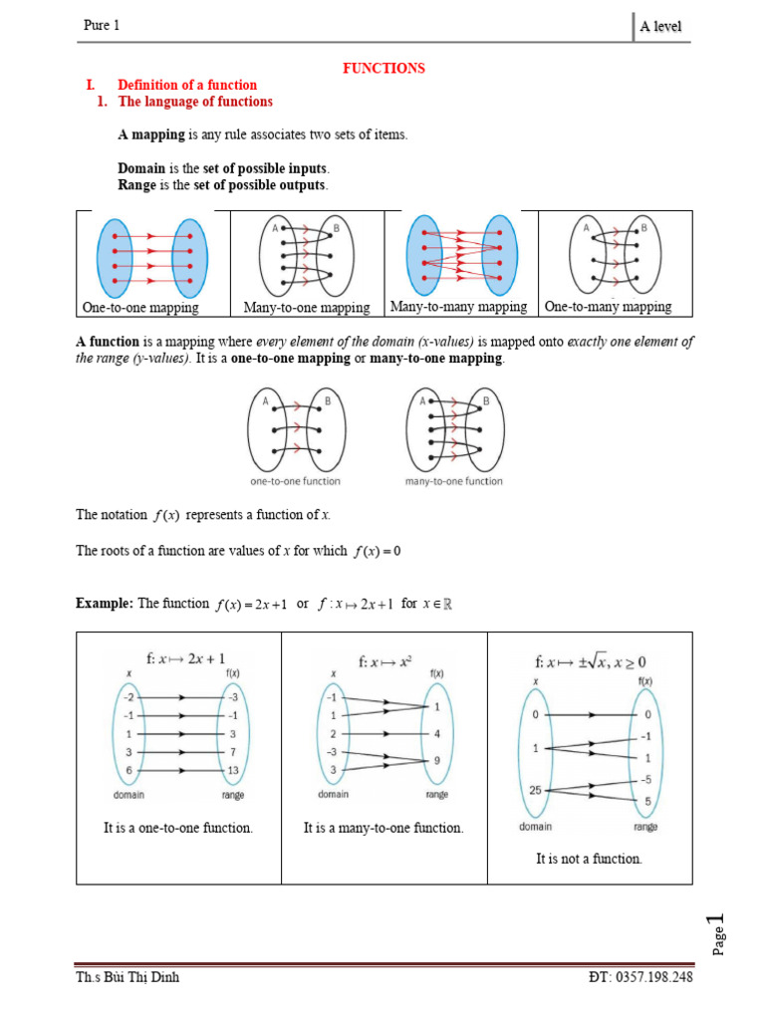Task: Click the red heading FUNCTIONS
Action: pyautogui.click(x=383, y=68)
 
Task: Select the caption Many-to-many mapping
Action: pyautogui.click(x=458, y=307)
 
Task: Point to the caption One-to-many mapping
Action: pyautogui.click(x=608, y=307)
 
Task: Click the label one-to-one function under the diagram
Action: pyautogui.click(x=295, y=481)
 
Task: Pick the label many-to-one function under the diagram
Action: pyautogui.click(x=453, y=481)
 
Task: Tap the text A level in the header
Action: pyautogui.click(x=660, y=27)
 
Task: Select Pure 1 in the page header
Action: pyautogui.click(x=101, y=26)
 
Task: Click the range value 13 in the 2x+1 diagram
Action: pyautogui.click(x=233, y=771)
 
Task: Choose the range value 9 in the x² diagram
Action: pyautogui.click(x=437, y=761)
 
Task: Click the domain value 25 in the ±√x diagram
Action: pyautogui.click(x=534, y=790)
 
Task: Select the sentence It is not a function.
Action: pyautogui.click(x=589, y=859)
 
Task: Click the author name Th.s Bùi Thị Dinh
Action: pyautogui.click(x=127, y=977)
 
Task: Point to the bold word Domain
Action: pyautogui.click(x=141, y=168)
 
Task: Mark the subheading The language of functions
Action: pyautogui.click(x=195, y=102)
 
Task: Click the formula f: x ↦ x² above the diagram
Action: pyautogui.click(x=384, y=661)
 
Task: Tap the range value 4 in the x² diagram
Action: pyautogui.click(x=437, y=734)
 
